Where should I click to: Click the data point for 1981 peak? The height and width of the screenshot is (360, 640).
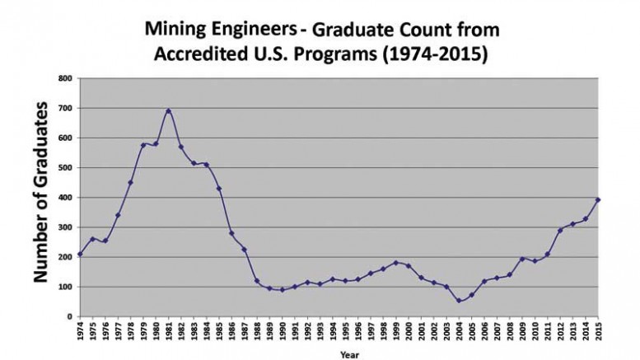click(169, 110)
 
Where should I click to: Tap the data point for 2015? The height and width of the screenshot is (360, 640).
click(599, 199)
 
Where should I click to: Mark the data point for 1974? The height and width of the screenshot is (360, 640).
click(80, 254)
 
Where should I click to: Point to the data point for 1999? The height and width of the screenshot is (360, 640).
click(396, 263)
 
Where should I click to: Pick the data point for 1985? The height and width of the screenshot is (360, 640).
click(219, 189)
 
